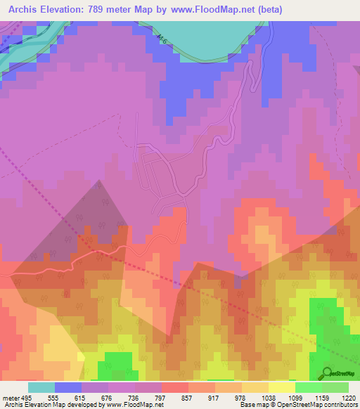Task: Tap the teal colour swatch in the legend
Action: point(41,387)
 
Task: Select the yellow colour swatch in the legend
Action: point(282,387)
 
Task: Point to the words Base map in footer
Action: point(252,405)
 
